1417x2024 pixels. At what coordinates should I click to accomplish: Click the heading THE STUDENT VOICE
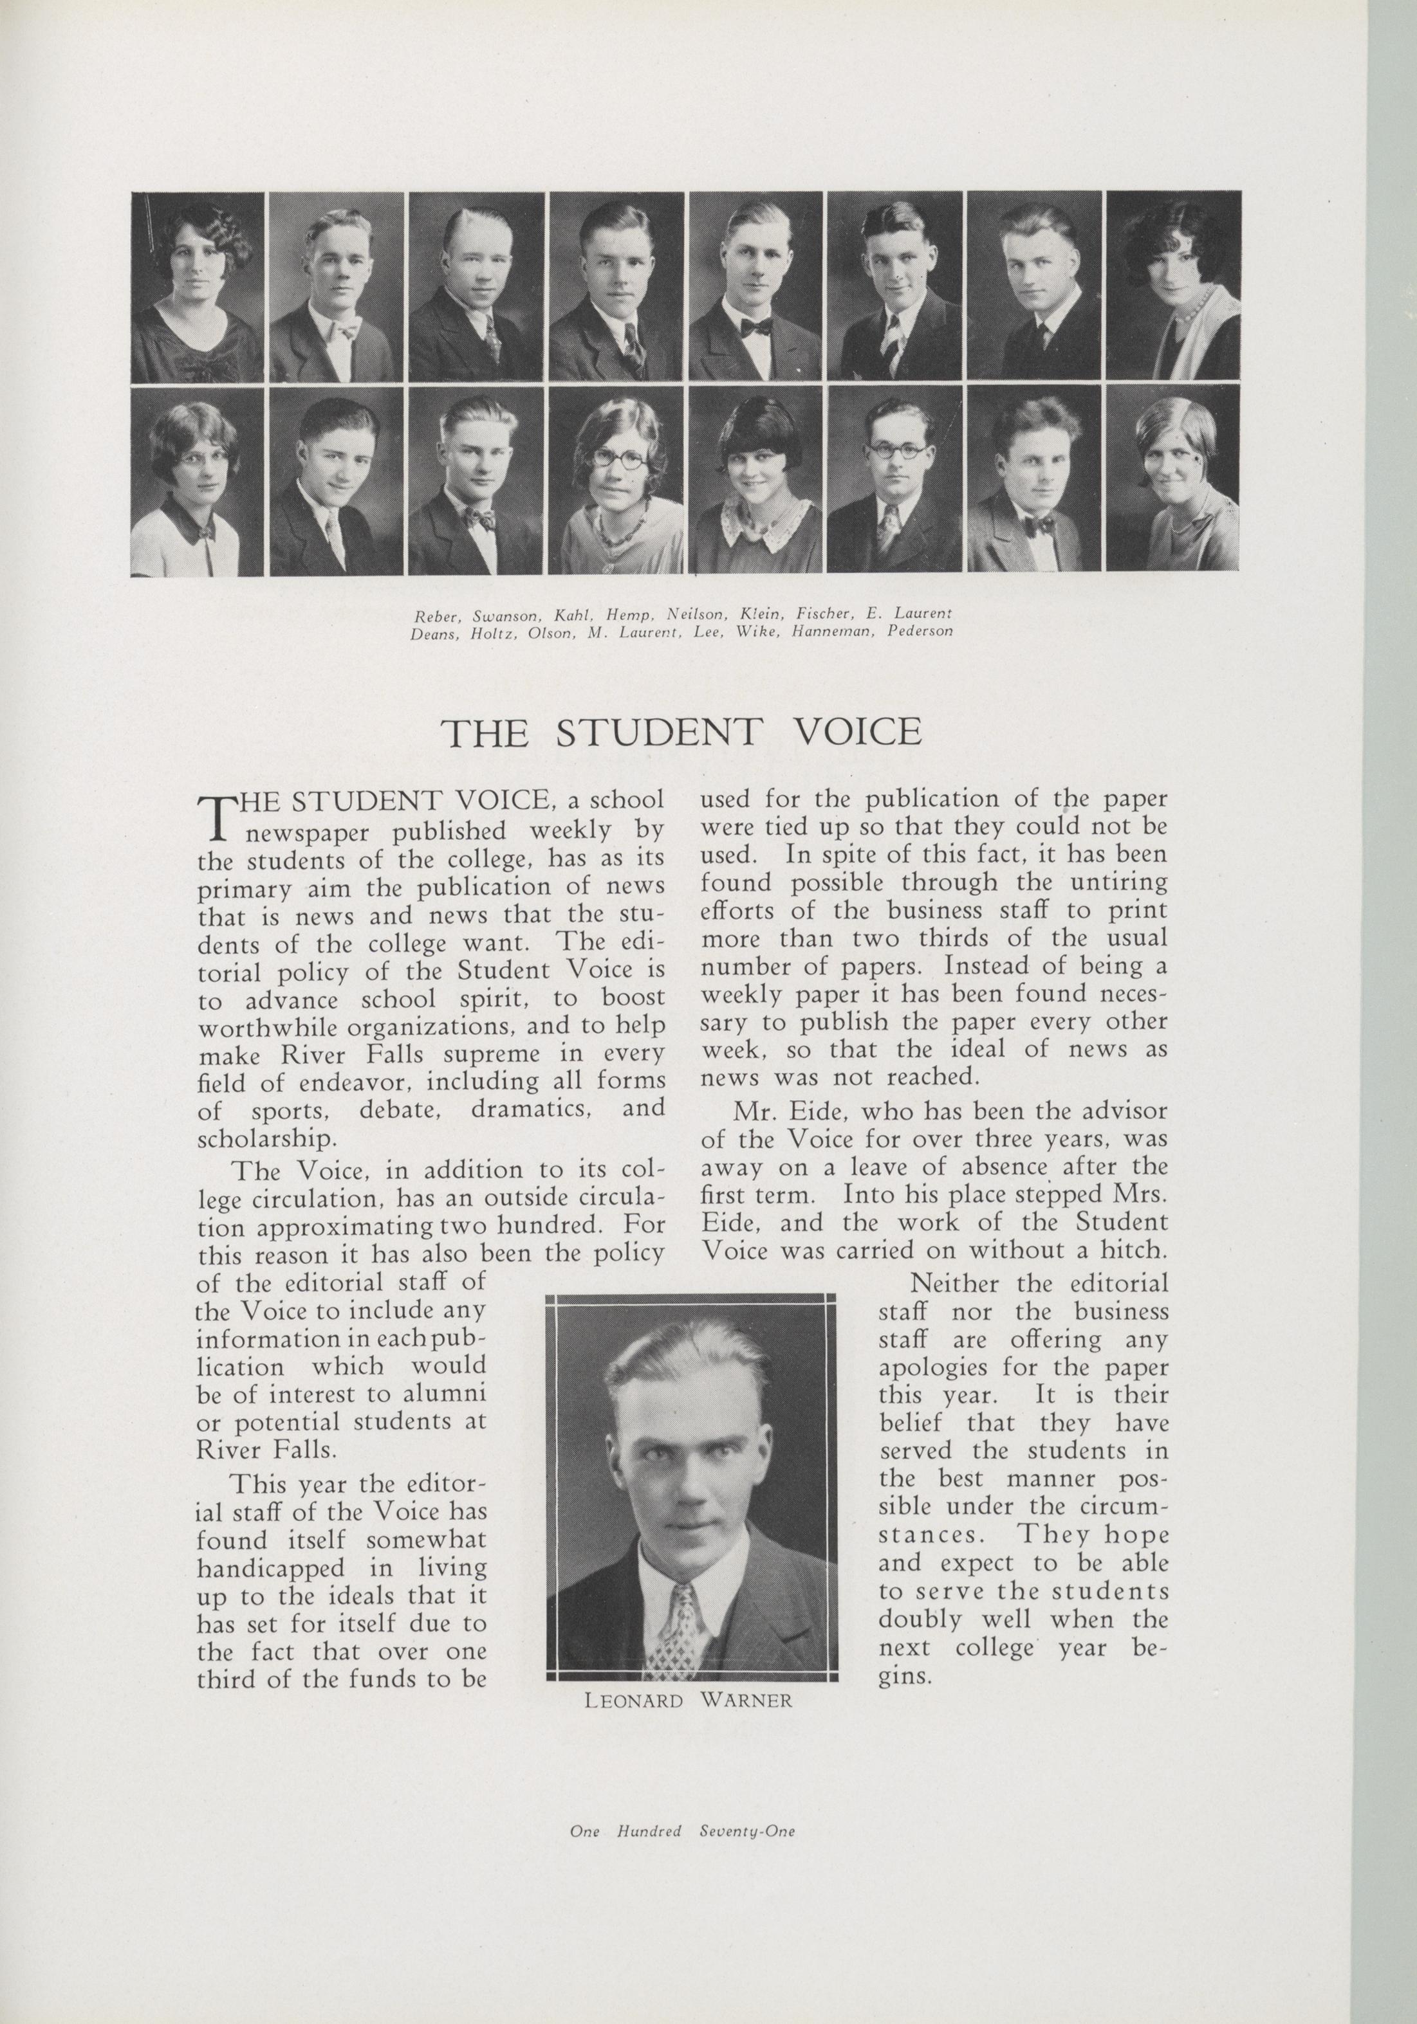pyautogui.click(x=681, y=733)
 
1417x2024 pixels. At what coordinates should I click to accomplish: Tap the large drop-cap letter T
pyautogui.click(x=215, y=819)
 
